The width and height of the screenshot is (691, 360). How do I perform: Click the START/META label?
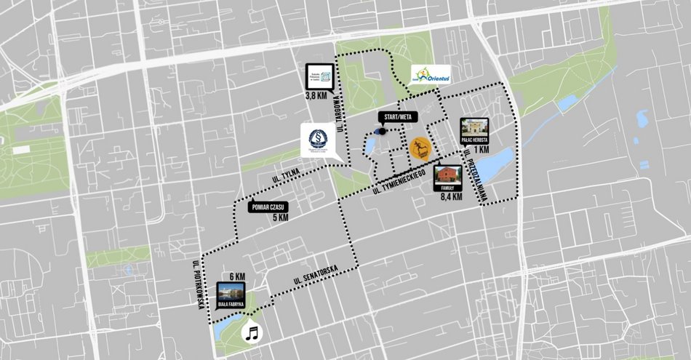click(396, 117)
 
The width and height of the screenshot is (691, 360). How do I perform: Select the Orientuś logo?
click(429, 75)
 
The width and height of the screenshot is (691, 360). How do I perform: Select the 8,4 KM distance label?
click(452, 196)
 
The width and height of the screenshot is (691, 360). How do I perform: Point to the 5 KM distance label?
click(280, 217)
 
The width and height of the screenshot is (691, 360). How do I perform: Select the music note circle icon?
click(252, 333)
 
